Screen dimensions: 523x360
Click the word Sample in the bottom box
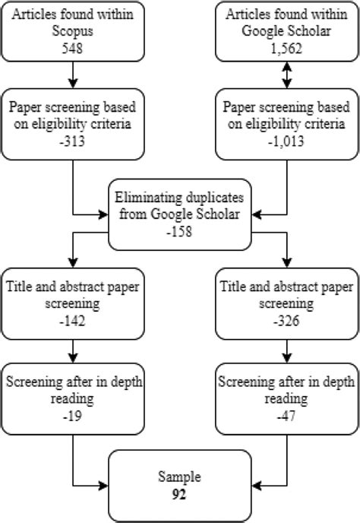[180, 477]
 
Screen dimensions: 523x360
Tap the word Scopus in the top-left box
[72, 32]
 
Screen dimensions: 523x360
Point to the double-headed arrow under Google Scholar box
[287, 74]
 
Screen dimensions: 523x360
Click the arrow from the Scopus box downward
[72, 74]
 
